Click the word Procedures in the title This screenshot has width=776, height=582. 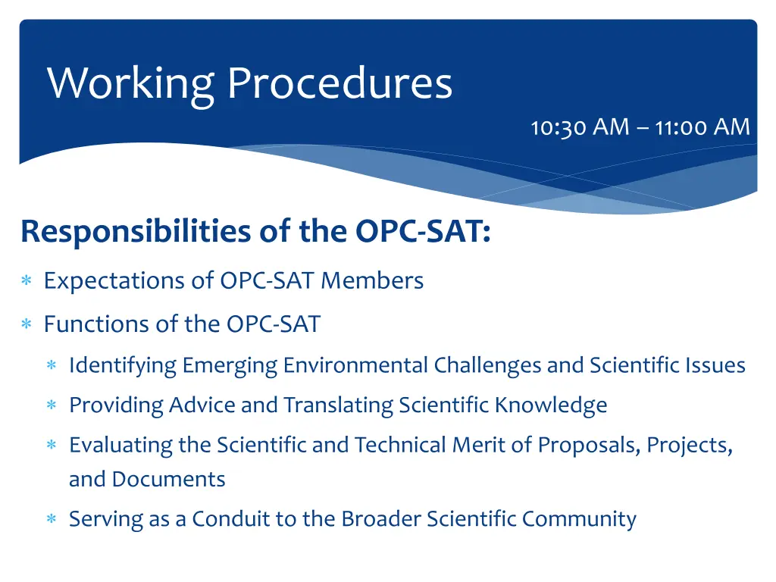pyautogui.click(x=339, y=84)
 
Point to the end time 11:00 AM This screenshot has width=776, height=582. pyautogui.click(x=702, y=127)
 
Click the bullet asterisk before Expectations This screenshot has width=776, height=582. pyautogui.click(x=26, y=282)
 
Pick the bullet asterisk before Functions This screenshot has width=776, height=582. pyautogui.click(x=26, y=325)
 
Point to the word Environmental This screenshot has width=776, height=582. pyautogui.click(x=356, y=365)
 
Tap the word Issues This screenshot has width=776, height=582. pyautogui.click(x=718, y=365)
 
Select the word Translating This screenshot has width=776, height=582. pyautogui.click(x=334, y=405)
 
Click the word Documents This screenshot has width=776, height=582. pyautogui.click(x=168, y=480)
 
